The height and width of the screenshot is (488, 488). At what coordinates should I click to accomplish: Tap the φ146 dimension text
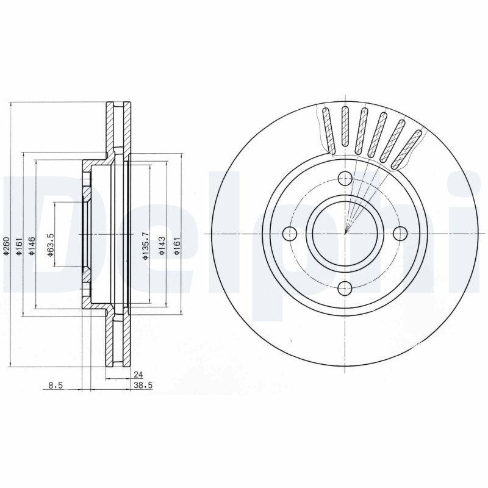32,244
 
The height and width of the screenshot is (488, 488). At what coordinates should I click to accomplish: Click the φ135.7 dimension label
145,246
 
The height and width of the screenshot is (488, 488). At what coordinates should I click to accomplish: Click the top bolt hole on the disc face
345,179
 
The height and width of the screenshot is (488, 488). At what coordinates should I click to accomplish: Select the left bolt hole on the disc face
290,234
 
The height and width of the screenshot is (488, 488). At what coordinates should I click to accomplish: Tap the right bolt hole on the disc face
400,234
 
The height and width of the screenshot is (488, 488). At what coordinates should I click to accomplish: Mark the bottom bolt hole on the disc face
345,289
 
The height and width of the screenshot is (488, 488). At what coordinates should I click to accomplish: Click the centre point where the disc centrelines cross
345,234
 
